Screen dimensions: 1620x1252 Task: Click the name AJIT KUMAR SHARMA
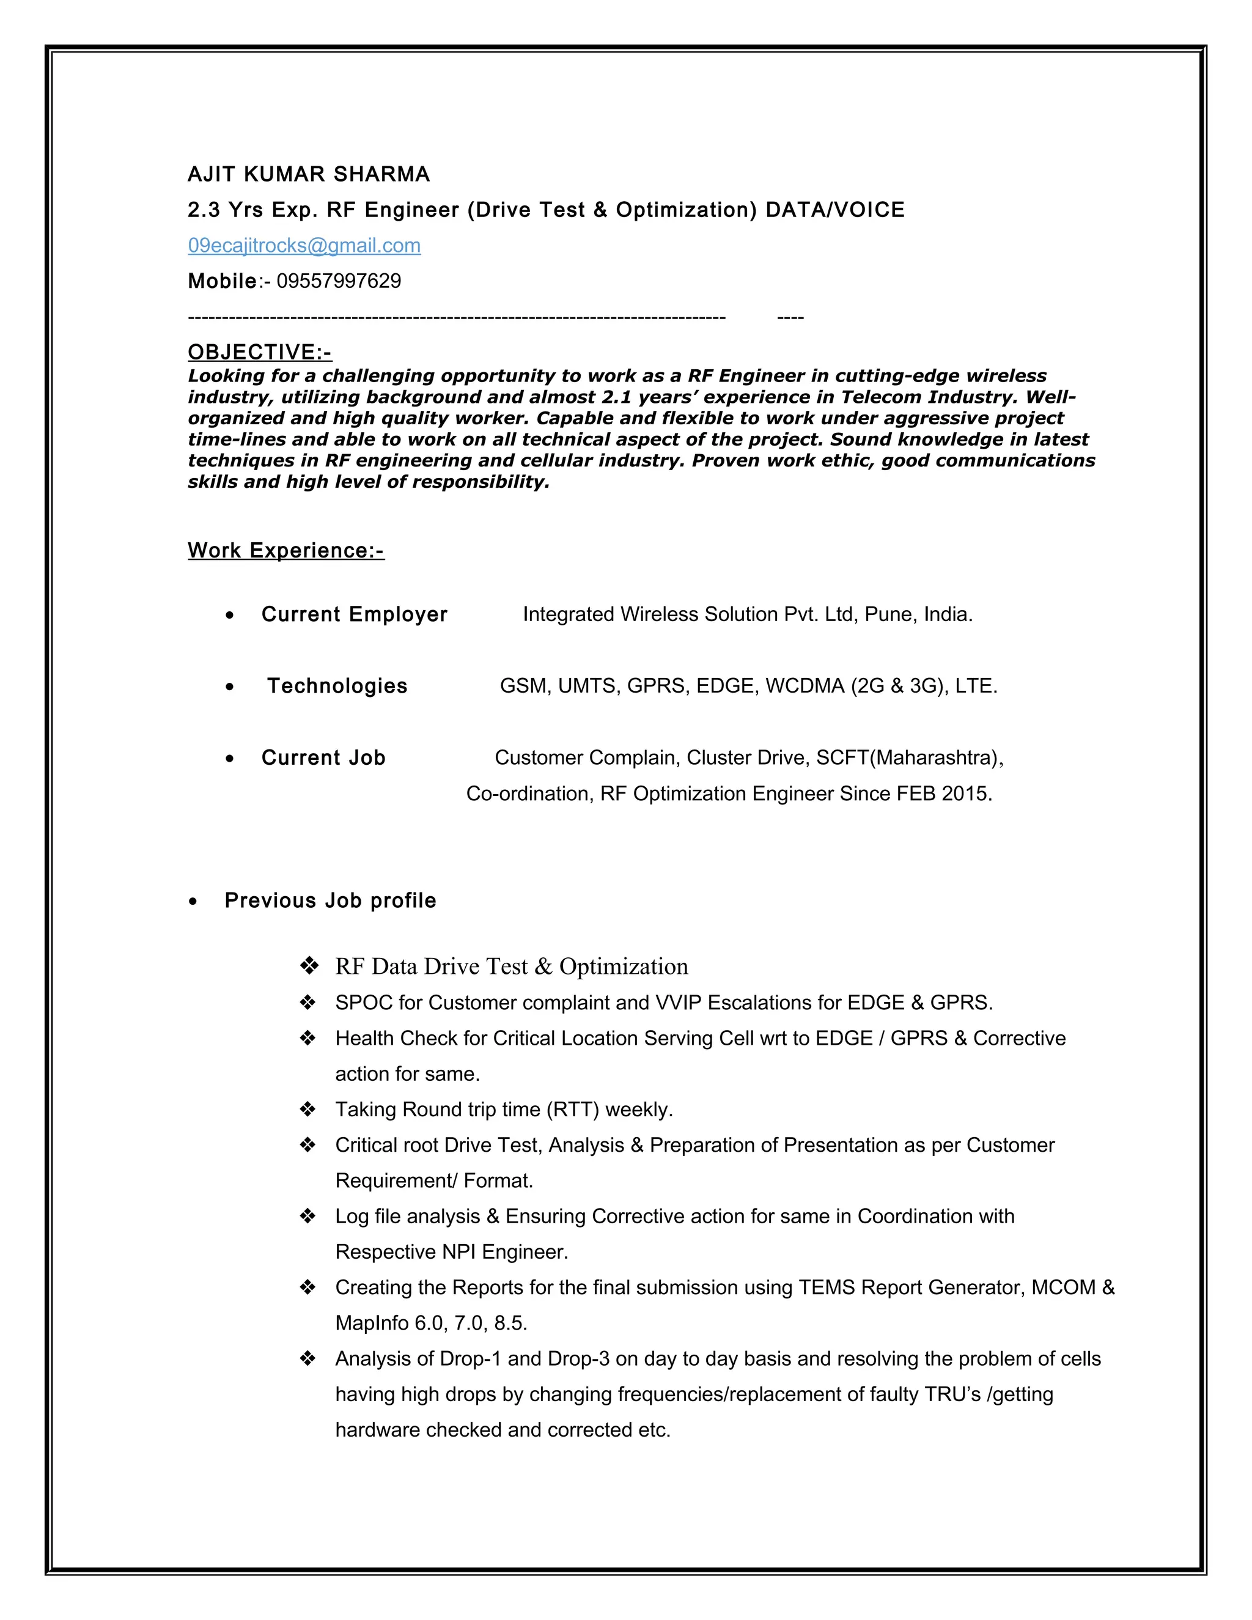click(309, 174)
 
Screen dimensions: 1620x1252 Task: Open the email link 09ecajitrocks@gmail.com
click(304, 246)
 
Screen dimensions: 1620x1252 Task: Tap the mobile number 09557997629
click(338, 281)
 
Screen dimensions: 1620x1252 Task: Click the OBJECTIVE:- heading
click(260, 352)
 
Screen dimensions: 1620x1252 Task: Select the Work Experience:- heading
click(285, 550)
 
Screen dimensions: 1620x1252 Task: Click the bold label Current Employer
click(354, 614)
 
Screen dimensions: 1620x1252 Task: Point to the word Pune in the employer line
click(888, 614)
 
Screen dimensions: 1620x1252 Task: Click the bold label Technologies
click(337, 685)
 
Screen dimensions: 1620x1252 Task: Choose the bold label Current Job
click(323, 757)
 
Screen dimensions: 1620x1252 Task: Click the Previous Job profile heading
click(330, 900)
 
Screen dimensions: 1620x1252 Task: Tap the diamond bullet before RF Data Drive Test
click(308, 966)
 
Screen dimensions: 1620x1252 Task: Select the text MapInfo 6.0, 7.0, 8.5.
click(431, 1324)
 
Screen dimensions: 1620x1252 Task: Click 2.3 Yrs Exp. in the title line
click(252, 210)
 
